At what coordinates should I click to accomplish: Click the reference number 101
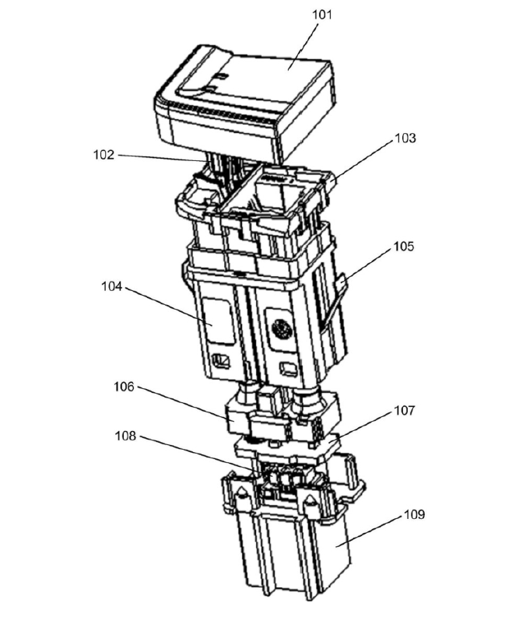[321, 15]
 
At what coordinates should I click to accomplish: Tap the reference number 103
[405, 138]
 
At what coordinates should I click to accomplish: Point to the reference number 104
[112, 286]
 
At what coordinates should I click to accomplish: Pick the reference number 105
[404, 247]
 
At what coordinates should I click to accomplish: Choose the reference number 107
[403, 409]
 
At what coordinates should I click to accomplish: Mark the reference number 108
[126, 436]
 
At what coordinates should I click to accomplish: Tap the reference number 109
[415, 514]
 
